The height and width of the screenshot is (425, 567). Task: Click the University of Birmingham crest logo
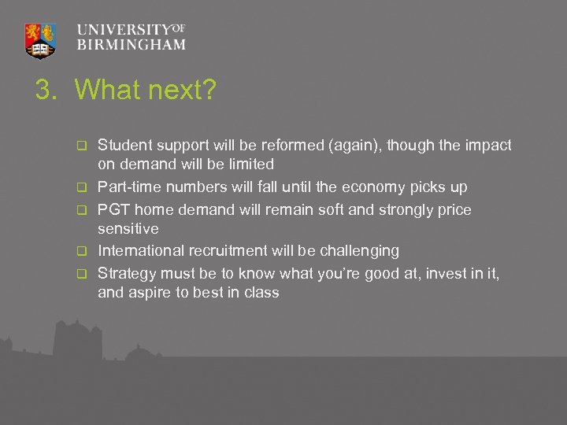pyautogui.click(x=41, y=39)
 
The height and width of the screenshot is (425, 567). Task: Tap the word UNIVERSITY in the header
pyautogui.click(x=124, y=29)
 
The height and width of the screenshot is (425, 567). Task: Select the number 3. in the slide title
pyautogui.click(x=47, y=91)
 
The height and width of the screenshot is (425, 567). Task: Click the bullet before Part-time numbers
pyautogui.click(x=80, y=188)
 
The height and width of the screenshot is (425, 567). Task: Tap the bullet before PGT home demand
pyautogui.click(x=80, y=209)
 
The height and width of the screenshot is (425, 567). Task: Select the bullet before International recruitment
pyautogui.click(x=80, y=252)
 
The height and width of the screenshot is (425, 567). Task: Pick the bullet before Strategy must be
pyautogui.click(x=80, y=273)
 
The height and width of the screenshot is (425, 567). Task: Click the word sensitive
pyautogui.click(x=128, y=229)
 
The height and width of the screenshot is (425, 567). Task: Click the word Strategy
pyautogui.click(x=126, y=272)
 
